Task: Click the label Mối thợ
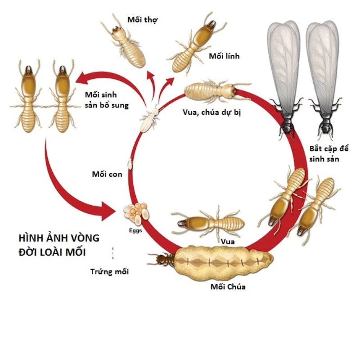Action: click(x=142, y=20)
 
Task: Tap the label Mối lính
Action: click(x=224, y=56)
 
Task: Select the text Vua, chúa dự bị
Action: click(x=211, y=112)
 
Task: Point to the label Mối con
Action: click(x=107, y=174)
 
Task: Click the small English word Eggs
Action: click(x=135, y=230)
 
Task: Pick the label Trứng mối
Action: click(x=109, y=271)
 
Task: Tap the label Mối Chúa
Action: click(x=228, y=287)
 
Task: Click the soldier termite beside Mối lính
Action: click(x=196, y=44)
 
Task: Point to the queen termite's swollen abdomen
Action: click(x=224, y=262)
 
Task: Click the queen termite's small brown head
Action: click(x=160, y=260)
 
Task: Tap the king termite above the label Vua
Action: click(x=208, y=223)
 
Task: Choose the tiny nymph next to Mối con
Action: click(x=130, y=163)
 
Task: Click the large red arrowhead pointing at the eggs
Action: click(x=108, y=211)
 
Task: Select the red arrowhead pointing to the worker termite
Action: click(x=151, y=75)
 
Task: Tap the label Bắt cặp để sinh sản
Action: click(x=329, y=154)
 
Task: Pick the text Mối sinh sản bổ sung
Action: click(x=107, y=100)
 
